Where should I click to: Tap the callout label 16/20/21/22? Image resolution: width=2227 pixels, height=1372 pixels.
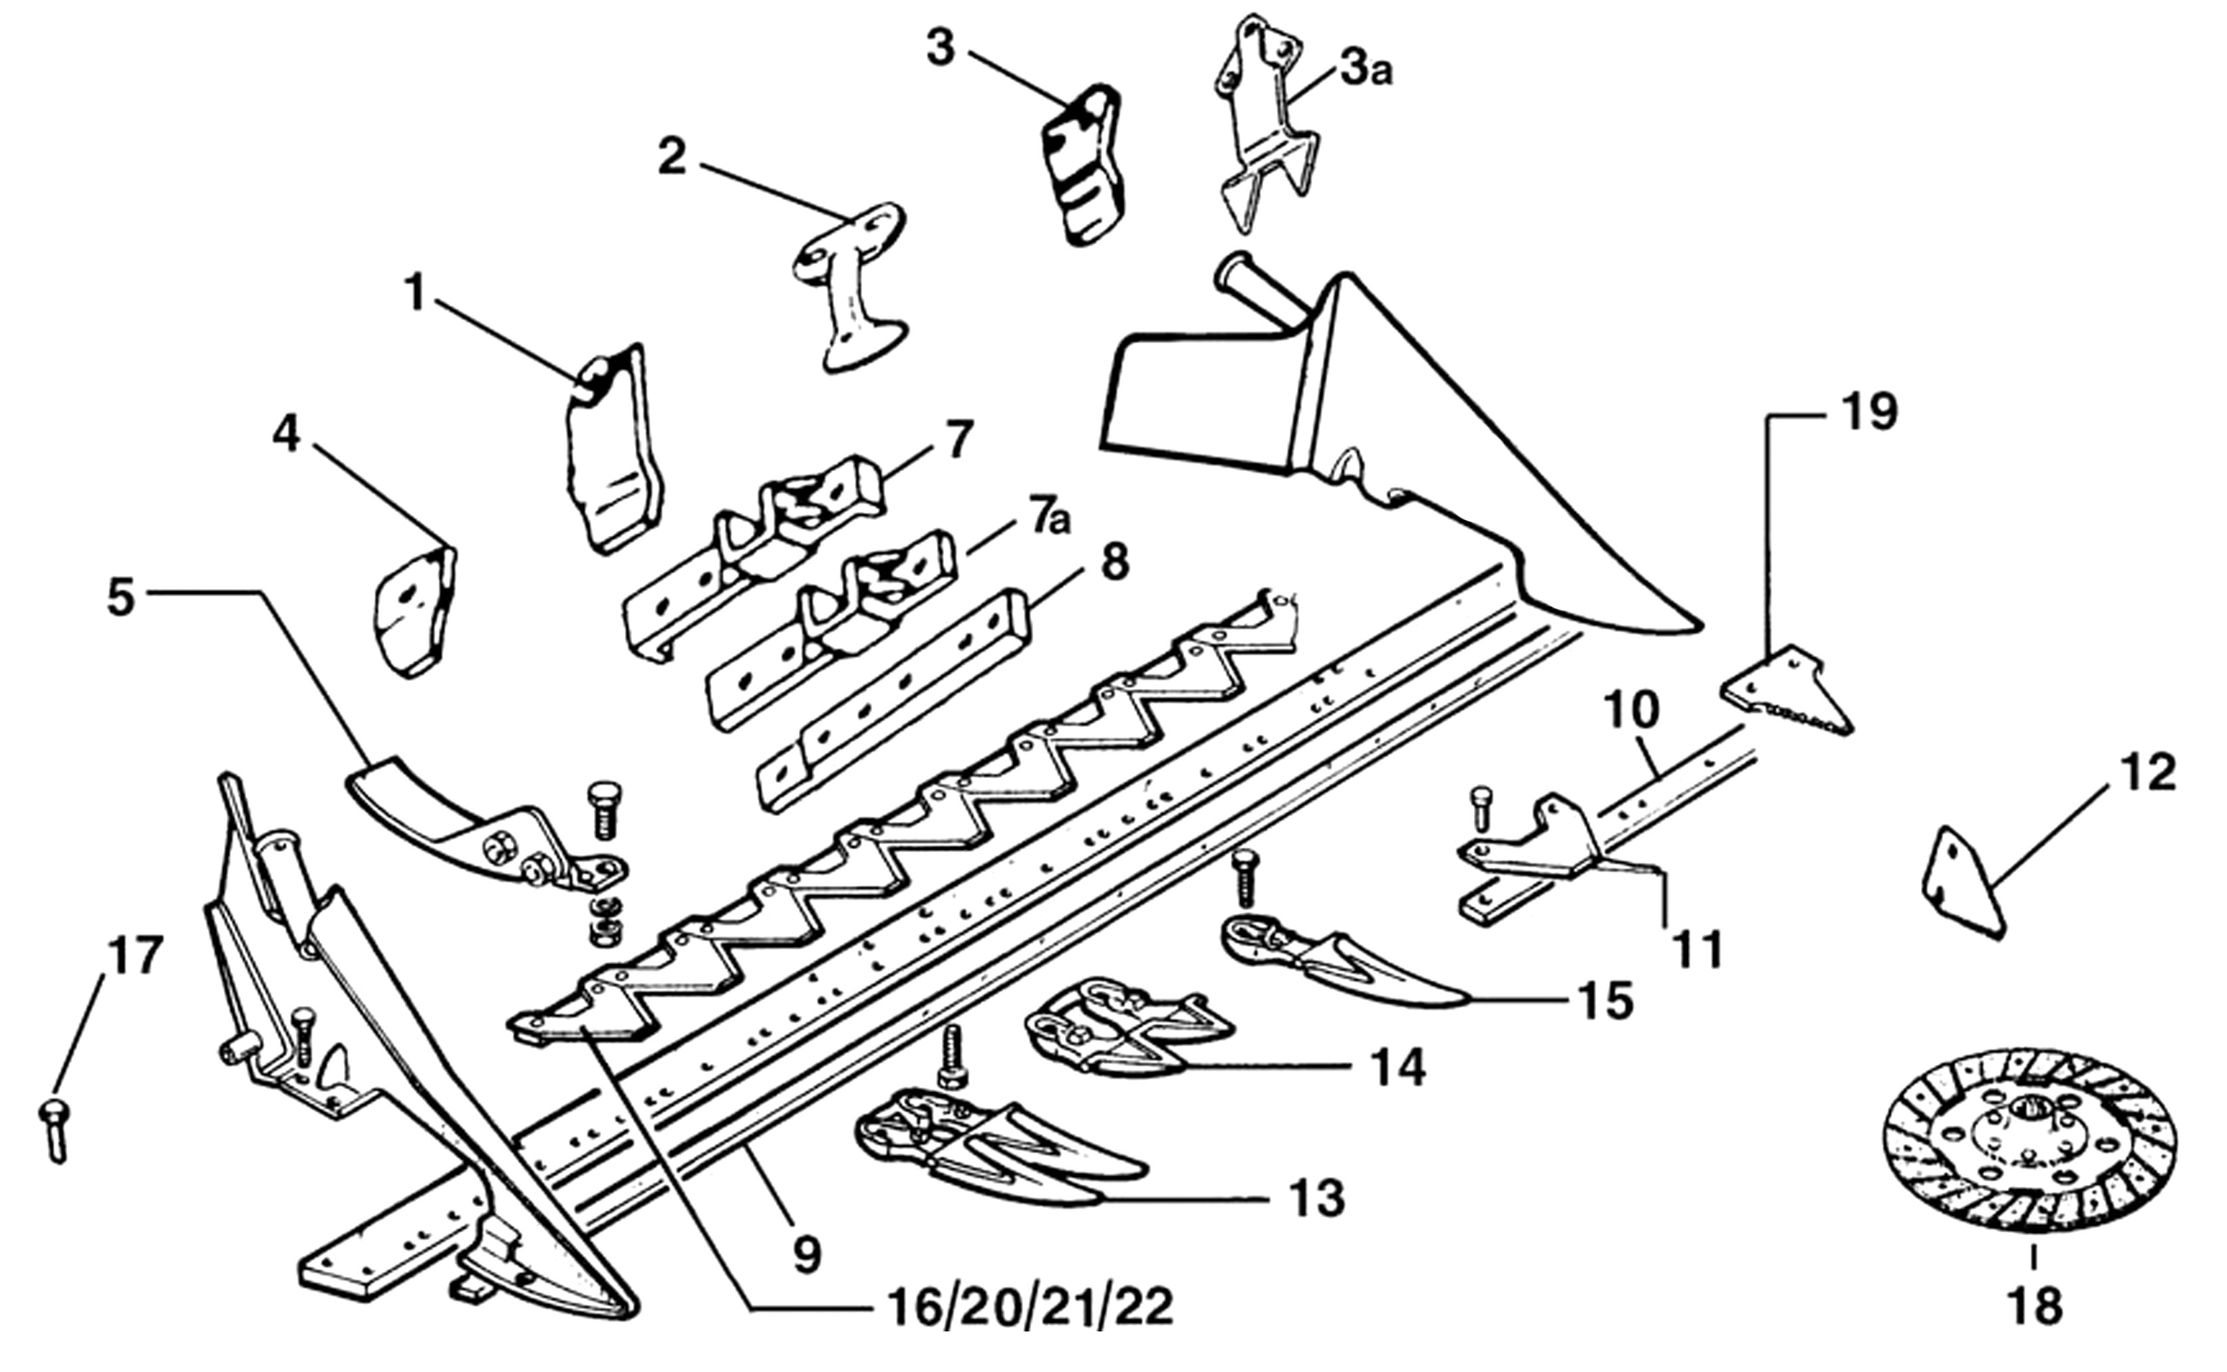(x=1021, y=1307)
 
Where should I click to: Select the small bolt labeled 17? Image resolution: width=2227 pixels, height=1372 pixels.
(x=53, y=1131)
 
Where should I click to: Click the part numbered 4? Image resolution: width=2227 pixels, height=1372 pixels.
(x=416, y=612)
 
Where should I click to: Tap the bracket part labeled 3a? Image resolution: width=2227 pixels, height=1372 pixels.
(x=1265, y=136)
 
